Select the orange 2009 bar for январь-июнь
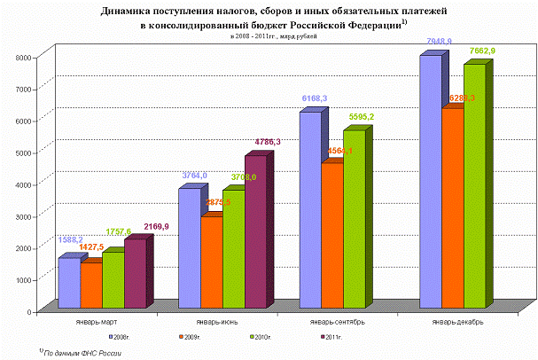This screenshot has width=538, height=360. click(213, 262)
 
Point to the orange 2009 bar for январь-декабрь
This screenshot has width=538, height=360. click(453, 208)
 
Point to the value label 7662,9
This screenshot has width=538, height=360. click(481, 52)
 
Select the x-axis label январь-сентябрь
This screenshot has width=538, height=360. click(331, 322)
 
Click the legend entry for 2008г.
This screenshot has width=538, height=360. click(121, 338)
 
